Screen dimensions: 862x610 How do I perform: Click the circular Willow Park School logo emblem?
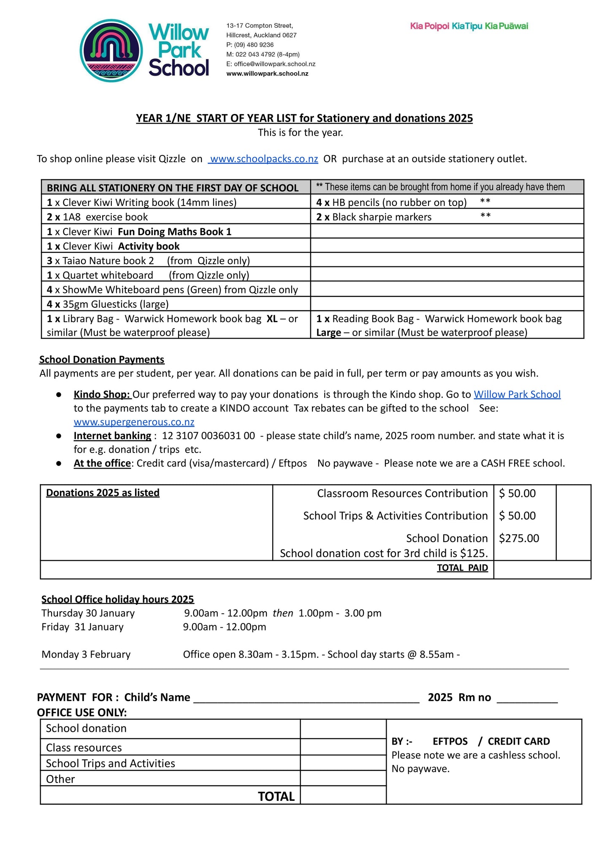(111, 50)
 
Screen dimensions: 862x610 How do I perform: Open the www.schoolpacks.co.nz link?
(263, 159)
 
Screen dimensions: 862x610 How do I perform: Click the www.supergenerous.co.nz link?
(134, 422)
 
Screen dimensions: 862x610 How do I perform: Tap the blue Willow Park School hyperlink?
(517, 394)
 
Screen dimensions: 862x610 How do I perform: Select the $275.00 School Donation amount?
(519, 538)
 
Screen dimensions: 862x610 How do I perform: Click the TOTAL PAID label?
(462, 568)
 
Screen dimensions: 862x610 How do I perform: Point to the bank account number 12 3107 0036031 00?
(209, 436)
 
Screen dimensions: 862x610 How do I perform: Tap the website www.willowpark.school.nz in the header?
(267, 73)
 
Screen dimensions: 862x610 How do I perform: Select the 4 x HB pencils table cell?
(391, 203)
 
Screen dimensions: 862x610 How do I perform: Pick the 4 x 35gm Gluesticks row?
(108, 304)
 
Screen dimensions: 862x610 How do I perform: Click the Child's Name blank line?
(306, 698)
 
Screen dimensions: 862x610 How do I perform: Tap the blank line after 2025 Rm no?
(527, 698)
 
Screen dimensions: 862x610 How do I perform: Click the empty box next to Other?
(343, 778)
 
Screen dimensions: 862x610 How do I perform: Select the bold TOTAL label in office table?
(276, 796)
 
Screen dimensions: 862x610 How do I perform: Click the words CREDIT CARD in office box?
(518, 741)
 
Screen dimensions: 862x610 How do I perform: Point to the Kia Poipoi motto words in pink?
(429, 26)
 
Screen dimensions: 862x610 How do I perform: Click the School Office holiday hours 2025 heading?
(117, 599)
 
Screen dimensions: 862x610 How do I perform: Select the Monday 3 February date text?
(86, 654)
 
